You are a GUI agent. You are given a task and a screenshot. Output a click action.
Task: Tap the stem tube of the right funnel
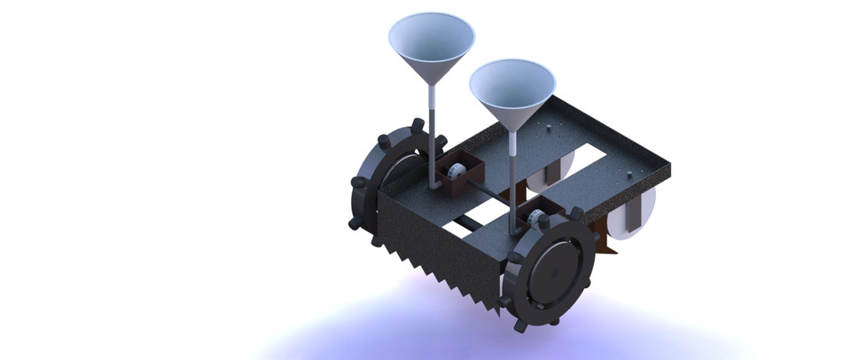pos(512,168)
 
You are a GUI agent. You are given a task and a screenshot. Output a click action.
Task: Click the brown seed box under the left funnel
pos(461,177)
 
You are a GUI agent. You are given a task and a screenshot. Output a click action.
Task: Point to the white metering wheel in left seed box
pos(453,170)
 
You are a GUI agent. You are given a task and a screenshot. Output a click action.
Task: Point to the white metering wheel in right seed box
pos(534,214)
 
